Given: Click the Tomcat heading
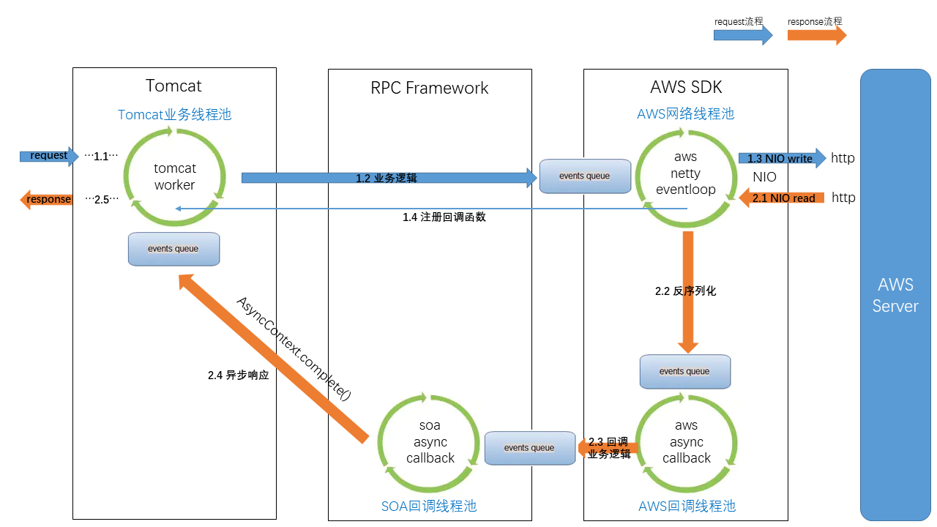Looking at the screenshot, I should point(173,86).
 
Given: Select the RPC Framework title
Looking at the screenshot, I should point(430,88).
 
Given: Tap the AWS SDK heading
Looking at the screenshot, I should point(686,87).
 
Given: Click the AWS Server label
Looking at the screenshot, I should point(895,295).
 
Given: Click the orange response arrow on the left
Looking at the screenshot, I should point(46,199).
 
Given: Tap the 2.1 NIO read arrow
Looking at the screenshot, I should point(783,198).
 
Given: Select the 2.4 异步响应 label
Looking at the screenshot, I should point(239,375).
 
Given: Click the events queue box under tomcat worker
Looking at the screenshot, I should point(173,249).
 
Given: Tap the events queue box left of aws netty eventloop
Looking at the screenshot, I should point(585,176).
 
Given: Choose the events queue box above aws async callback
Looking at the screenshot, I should point(684,371).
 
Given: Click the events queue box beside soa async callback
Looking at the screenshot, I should point(529,448).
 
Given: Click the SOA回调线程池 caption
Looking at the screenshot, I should point(429,506).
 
